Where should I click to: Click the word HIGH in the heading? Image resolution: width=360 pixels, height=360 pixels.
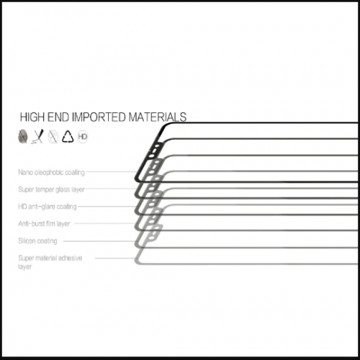point(32,117)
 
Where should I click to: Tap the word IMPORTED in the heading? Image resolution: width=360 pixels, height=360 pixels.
point(99,117)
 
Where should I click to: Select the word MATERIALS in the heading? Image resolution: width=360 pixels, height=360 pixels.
point(158,117)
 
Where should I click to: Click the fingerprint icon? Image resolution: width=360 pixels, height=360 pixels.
point(23,136)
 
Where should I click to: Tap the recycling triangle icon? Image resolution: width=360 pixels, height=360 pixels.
point(68,137)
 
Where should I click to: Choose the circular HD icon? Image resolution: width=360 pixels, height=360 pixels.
point(83,137)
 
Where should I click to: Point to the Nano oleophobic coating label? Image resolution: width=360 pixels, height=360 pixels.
point(52,172)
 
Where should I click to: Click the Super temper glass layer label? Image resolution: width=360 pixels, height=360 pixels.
point(52,189)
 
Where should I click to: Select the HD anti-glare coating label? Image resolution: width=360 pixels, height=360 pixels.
point(48,207)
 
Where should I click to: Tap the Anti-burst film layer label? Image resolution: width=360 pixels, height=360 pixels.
point(44,224)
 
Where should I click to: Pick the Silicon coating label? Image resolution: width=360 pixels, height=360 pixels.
point(37,241)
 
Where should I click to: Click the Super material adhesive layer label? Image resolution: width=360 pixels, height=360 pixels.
point(50,262)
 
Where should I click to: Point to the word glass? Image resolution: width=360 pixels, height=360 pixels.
point(63,189)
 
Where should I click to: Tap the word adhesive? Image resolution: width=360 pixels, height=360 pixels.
point(70,258)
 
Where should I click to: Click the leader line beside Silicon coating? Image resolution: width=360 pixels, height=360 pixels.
point(99,241)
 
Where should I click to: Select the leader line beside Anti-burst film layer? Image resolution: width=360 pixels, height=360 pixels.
point(105,223)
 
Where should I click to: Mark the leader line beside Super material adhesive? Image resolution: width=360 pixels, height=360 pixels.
point(115,258)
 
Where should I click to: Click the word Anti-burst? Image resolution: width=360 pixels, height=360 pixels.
point(32,224)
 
